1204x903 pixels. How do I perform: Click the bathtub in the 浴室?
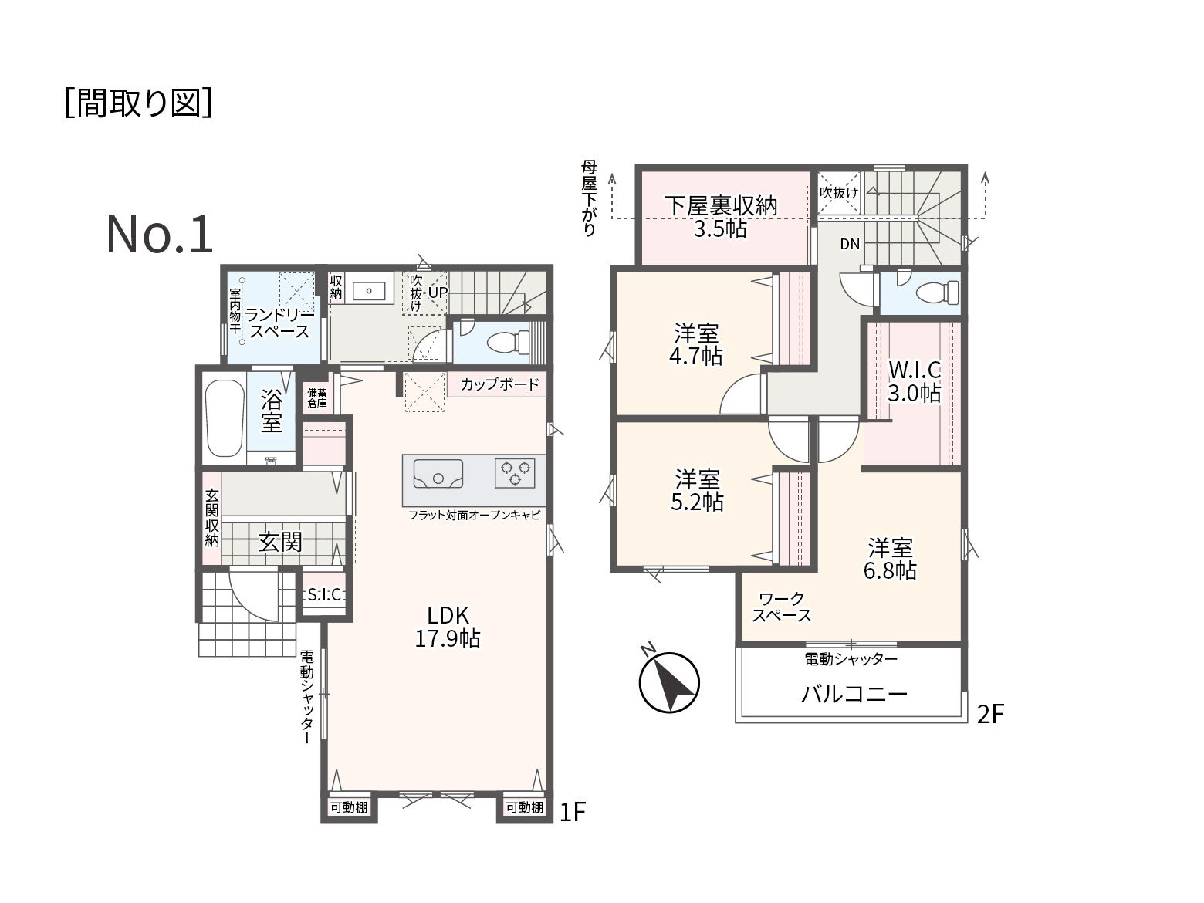pyautogui.click(x=225, y=418)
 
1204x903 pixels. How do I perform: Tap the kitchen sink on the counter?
pyautogui.click(x=438, y=473)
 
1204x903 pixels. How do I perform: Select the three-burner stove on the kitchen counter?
pyautogui.click(x=515, y=472)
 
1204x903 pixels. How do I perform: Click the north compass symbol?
pyautogui.click(x=668, y=681)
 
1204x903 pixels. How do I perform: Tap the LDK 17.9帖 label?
pyautogui.click(x=448, y=627)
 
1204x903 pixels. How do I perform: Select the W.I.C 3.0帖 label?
pyautogui.click(x=915, y=381)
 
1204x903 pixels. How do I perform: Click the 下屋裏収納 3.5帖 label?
pyautogui.click(x=721, y=217)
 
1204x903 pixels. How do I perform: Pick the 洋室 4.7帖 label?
pyautogui.click(x=696, y=345)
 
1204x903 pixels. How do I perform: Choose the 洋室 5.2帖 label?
pyautogui.click(x=697, y=490)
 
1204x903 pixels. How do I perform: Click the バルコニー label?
pyautogui.click(x=854, y=695)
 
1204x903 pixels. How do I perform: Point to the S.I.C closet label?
pyautogui.click(x=324, y=594)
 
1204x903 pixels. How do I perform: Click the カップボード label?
pyautogui.click(x=499, y=384)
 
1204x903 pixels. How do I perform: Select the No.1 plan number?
pyautogui.click(x=160, y=235)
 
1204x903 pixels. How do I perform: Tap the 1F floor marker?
pyautogui.click(x=573, y=811)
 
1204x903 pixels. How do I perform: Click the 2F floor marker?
pyautogui.click(x=990, y=715)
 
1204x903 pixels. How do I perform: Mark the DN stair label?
pyautogui.click(x=850, y=245)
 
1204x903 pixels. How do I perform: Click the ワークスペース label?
pyautogui.click(x=781, y=607)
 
